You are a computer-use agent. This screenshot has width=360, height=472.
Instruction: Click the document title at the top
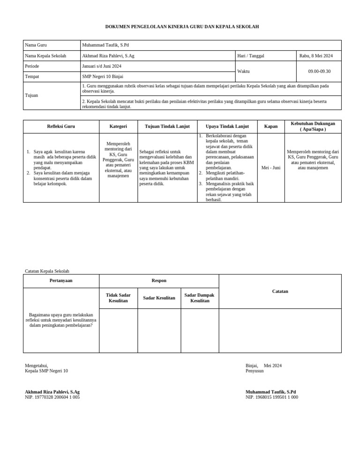pyautogui.click(x=182, y=27)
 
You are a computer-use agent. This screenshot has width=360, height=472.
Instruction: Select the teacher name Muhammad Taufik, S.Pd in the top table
pyautogui.click(x=105, y=46)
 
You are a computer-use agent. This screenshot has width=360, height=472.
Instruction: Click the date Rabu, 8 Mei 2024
pyautogui.click(x=316, y=56)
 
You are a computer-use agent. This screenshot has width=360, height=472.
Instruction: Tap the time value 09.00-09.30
pyautogui.click(x=319, y=71)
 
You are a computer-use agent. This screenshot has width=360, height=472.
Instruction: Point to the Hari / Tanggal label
pyautogui.click(x=251, y=56)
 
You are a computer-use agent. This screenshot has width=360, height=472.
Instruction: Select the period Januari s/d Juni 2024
pyautogui.click(x=102, y=66)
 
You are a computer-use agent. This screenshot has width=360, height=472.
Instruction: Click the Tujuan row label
pyautogui.click(x=32, y=95)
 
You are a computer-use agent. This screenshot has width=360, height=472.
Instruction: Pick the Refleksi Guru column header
pyautogui.click(x=61, y=126)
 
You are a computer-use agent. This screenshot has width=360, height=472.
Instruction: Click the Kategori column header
pyautogui.click(x=118, y=126)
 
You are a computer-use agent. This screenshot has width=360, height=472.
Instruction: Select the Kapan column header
pyautogui.click(x=271, y=126)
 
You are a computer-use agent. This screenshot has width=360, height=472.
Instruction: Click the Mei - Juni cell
pyautogui.click(x=270, y=167)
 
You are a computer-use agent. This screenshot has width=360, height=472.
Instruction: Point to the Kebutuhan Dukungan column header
pyautogui.click(x=313, y=126)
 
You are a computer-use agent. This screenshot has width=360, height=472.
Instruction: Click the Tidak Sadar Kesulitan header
pyautogui.click(x=118, y=298)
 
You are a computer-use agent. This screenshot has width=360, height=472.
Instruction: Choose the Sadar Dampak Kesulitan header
pyautogui.click(x=199, y=298)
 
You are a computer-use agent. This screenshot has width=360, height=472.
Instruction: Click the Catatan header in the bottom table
pyautogui.click(x=280, y=291)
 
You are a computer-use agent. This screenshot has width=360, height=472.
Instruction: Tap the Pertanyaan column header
pyautogui.click(x=61, y=281)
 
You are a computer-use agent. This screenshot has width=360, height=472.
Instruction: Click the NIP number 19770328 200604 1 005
pyautogui.click(x=52, y=397)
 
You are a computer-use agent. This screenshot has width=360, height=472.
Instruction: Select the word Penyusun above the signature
pyautogui.click(x=255, y=371)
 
